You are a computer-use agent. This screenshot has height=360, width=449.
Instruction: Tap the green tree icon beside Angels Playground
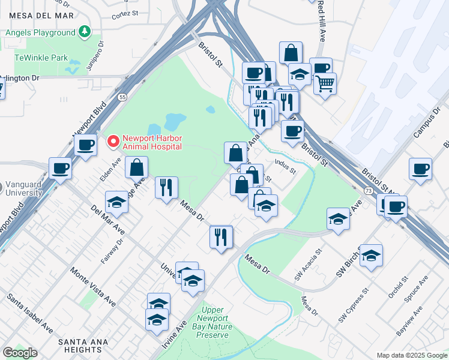point(85,30)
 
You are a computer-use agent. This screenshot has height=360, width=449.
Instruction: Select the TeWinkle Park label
point(41,58)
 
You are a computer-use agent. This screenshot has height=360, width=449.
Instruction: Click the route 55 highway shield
point(122,97)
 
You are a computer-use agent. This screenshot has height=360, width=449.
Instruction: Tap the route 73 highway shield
point(368,190)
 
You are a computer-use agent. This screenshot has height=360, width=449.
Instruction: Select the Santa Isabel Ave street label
point(30,313)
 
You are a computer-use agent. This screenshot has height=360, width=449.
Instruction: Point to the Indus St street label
point(285,166)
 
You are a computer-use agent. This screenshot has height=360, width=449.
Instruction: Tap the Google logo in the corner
point(20,353)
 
